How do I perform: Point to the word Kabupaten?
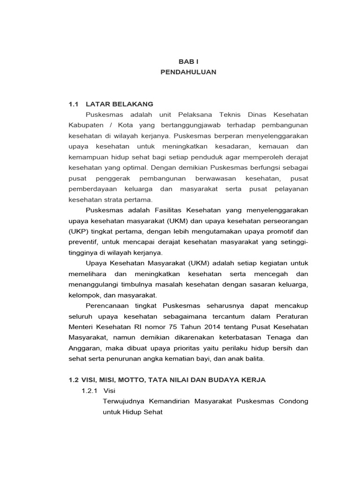click(x=85, y=126)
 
